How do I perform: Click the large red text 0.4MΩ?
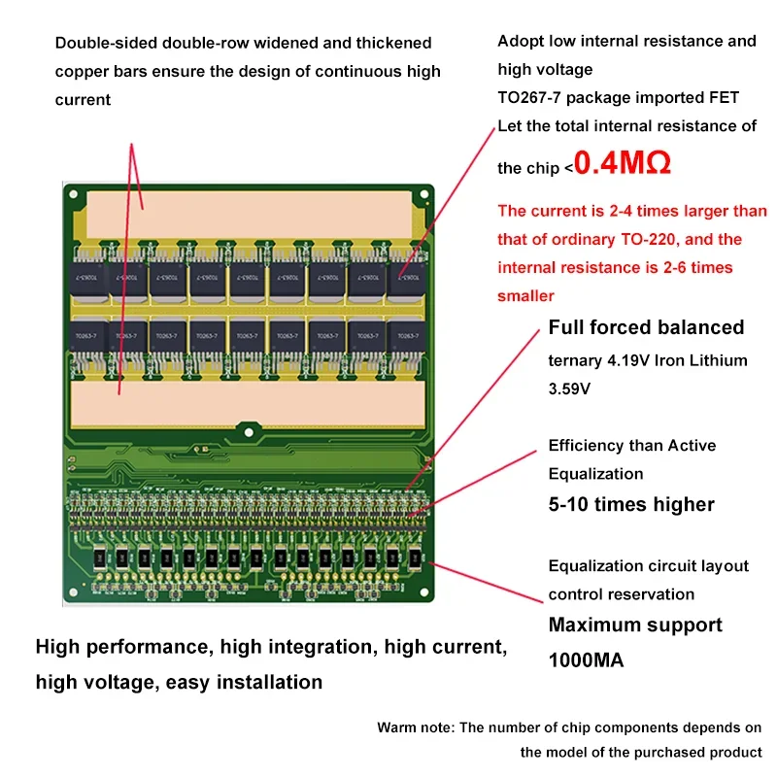[x=623, y=163]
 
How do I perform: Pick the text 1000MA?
[x=586, y=660]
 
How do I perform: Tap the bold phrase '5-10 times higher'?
[x=631, y=504]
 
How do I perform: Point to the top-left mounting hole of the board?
[x=72, y=192]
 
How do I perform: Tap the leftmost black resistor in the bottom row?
[x=99, y=558]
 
